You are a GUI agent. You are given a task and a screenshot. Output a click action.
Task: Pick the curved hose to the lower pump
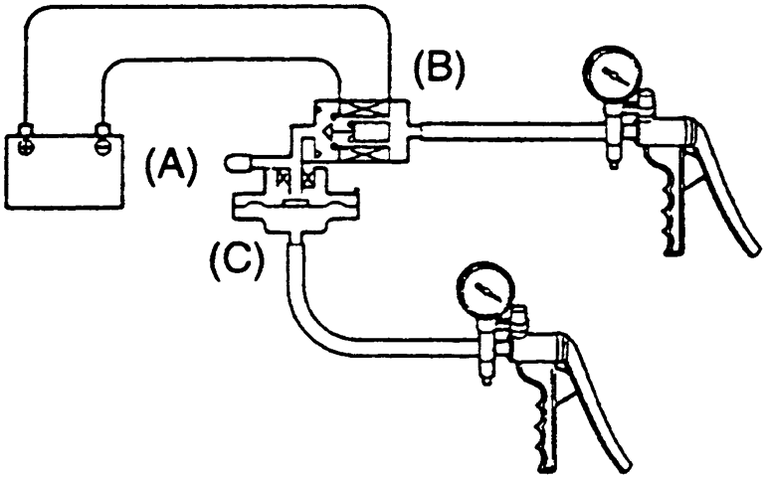click(328, 328)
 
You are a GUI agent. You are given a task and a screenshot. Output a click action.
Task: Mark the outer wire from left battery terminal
click(199, 11)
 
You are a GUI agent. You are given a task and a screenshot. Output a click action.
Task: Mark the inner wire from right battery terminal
click(219, 63)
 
